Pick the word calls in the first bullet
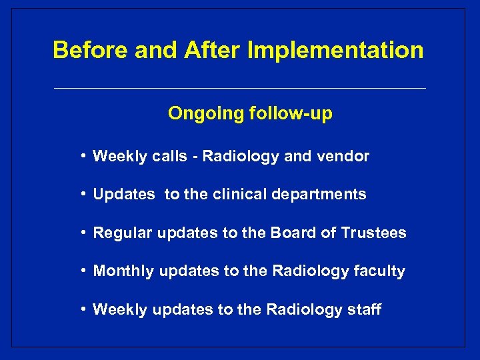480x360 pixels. pos(169,157)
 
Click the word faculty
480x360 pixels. pos(380,271)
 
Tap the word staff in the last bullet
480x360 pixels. pos(365,309)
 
